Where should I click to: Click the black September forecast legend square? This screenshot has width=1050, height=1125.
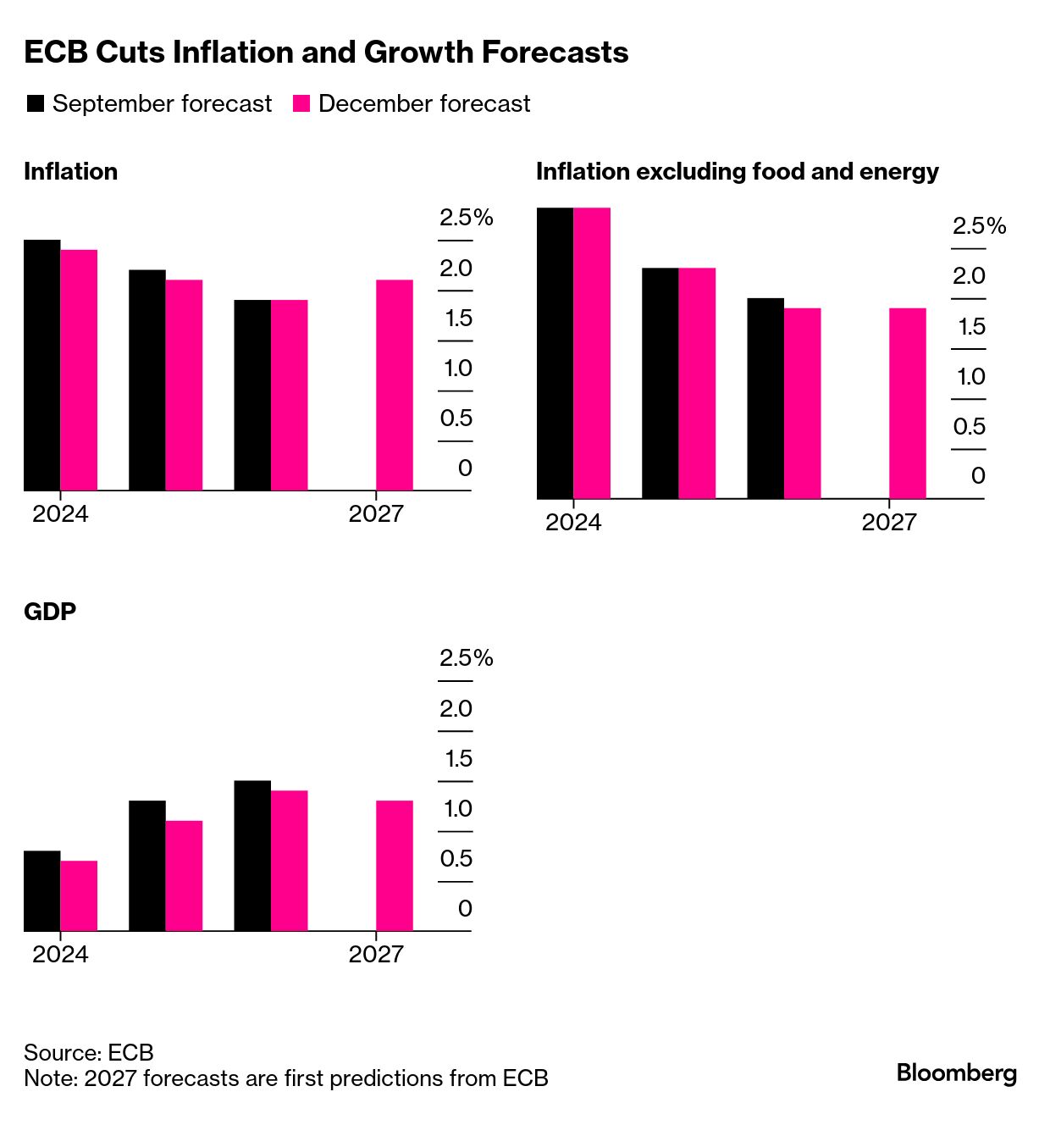pyautogui.click(x=36, y=103)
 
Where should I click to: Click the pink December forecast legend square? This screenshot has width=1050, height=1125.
pyautogui.click(x=301, y=103)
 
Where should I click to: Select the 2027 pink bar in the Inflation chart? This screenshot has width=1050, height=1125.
pyautogui.click(x=395, y=385)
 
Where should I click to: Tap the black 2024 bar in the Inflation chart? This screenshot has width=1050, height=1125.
pyautogui.click(x=42, y=365)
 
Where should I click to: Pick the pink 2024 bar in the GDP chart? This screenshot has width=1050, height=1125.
pyautogui.click(x=79, y=895)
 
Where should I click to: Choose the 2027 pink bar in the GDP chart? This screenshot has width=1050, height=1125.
pyautogui.click(x=395, y=865)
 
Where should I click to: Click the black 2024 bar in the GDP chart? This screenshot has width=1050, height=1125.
pyautogui.click(x=42, y=890)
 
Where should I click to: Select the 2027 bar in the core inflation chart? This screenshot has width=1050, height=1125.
pyautogui.click(x=907, y=403)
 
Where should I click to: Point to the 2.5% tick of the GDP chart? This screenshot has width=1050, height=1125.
pyautogui.click(x=466, y=658)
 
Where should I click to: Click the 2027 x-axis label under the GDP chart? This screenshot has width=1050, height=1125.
pyautogui.click(x=376, y=954)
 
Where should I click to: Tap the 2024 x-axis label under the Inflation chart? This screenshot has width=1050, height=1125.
pyautogui.click(x=60, y=513)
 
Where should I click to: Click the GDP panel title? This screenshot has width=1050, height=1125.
pyautogui.click(x=50, y=612)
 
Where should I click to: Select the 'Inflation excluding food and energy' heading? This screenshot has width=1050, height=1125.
pyautogui.click(x=737, y=172)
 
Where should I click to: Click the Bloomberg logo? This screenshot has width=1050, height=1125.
pyautogui.click(x=956, y=1072)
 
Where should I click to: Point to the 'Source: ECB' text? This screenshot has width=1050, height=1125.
pyautogui.click(x=89, y=1052)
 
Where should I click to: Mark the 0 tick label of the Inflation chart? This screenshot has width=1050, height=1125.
pyautogui.click(x=465, y=468)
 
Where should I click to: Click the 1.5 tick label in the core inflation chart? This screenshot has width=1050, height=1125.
pyautogui.click(x=971, y=327)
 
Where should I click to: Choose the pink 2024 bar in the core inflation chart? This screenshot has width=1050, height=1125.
pyautogui.click(x=592, y=352)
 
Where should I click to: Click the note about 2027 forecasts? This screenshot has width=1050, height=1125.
pyautogui.click(x=286, y=1078)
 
